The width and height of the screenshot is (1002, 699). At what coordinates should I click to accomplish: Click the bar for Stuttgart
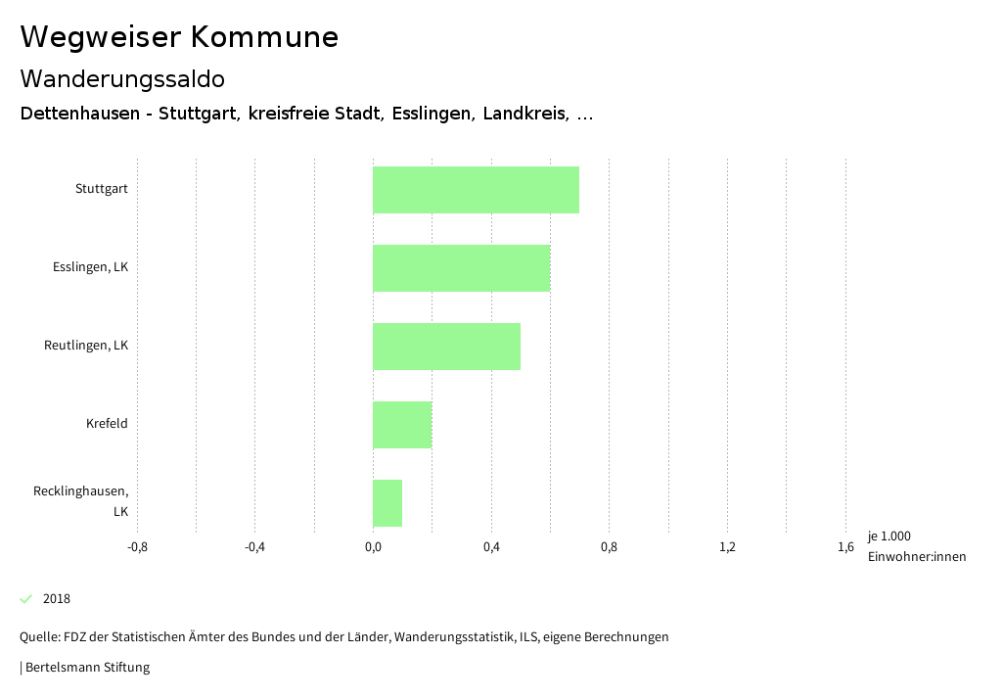point(476,190)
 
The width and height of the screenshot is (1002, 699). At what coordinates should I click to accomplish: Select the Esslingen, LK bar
point(461,268)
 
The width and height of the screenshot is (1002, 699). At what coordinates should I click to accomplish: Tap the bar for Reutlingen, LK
point(446,347)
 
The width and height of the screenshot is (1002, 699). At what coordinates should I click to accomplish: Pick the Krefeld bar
point(402,425)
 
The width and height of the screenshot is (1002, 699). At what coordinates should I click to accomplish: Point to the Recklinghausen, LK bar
point(387,503)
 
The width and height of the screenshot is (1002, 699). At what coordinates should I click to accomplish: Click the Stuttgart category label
point(102,189)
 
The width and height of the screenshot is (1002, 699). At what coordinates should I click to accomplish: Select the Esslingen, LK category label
point(90,267)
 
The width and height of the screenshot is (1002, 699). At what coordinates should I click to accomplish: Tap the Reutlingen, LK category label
point(86,346)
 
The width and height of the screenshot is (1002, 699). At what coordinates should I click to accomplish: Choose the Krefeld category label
point(107,424)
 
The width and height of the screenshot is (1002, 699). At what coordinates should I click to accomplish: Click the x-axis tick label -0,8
point(137,546)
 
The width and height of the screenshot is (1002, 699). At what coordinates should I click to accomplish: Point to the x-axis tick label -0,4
point(254,546)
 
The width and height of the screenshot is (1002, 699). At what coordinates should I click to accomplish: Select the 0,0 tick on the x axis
point(373,546)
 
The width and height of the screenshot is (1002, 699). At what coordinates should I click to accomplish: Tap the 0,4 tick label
point(491,546)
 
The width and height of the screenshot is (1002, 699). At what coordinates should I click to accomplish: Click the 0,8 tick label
point(609,546)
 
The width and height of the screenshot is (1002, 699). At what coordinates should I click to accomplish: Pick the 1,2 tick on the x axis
point(727,546)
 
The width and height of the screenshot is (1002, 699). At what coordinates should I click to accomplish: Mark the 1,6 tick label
point(845,546)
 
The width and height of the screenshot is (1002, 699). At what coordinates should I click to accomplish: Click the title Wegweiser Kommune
point(179,37)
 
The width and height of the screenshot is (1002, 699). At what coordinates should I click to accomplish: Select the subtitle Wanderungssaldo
point(122,78)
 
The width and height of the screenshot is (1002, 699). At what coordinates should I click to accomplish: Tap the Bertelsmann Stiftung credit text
point(86,668)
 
